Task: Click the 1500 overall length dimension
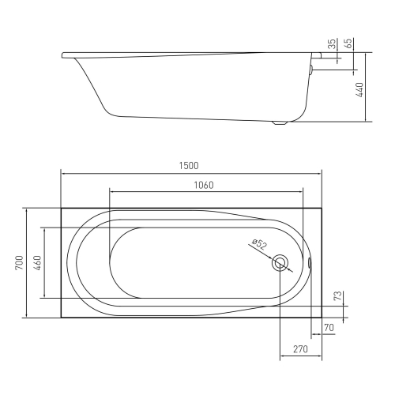click(189, 166)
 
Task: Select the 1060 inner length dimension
click(204, 186)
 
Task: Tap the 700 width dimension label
click(20, 262)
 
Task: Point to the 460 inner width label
click(37, 262)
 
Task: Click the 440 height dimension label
click(359, 89)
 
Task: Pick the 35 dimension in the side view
click(333, 43)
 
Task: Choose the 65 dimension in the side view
click(348, 43)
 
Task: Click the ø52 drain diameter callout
click(259, 244)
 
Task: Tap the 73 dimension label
click(338, 295)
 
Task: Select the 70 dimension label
click(329, 328)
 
